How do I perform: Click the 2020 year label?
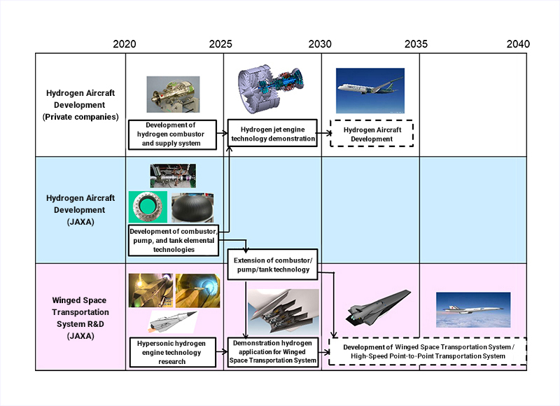click(x=125, y=44)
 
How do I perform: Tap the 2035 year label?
click(x=416, y=44)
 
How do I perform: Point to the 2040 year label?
click(x=518, y=44)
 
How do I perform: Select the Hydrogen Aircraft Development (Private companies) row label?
click(x=80, y=105)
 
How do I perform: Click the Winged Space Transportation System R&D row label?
click(x=80, y=318)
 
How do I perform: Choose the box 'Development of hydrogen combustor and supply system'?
click(x=172, y=134)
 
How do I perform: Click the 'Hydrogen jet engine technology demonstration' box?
click(x=273, y=133)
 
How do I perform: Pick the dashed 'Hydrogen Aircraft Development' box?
click(x=372, y=134)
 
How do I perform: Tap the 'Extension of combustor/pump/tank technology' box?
click(x=273, y=265)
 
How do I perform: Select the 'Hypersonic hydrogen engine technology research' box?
click(x=173, y=352)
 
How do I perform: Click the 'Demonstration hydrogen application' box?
click(x=273, y=352)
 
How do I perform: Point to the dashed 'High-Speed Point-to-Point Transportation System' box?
click(x=428, y=351)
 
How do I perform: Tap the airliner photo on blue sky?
click(x=370, y=91)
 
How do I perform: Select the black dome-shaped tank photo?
click(x=193, y=208)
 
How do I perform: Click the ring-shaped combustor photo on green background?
click(x=148, y=206)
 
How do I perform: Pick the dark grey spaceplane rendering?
click(x=378, y=308)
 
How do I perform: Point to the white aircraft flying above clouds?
click(x=473, y=310)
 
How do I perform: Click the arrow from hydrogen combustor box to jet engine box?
click(x=222, y=133)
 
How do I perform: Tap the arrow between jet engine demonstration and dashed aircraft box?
click(x=324, y=133)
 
